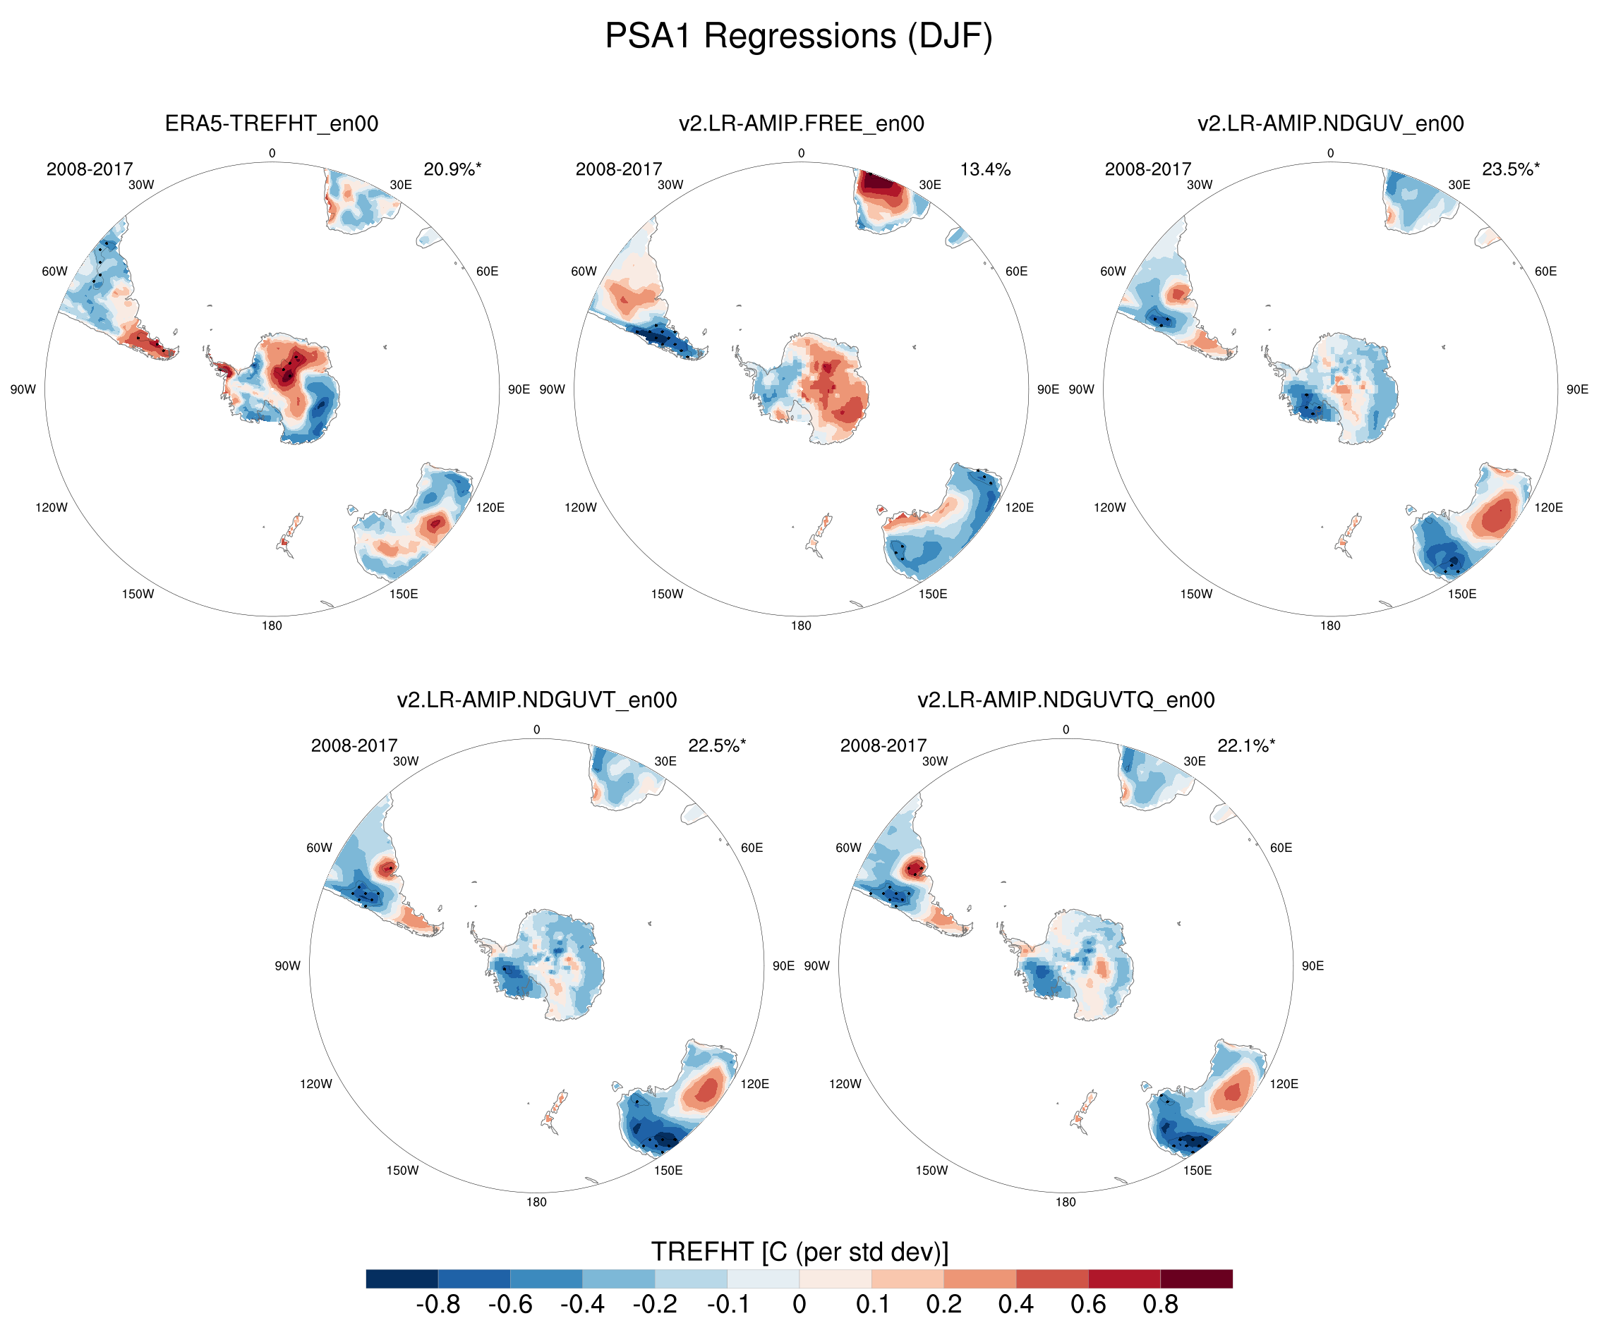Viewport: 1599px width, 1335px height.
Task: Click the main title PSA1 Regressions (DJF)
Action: click(x=799, y=37)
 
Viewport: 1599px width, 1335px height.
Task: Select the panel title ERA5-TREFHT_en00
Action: click(x=271, y=123)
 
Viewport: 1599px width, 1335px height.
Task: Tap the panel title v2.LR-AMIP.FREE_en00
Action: click(x=801, y=123)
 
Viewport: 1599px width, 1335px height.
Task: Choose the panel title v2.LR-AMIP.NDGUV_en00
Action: click(x=1330, y=123)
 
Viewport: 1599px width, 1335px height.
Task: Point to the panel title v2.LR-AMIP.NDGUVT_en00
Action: click(x=536, y=700)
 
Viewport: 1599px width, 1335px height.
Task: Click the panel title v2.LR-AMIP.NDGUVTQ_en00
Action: click(x=1066, y=700)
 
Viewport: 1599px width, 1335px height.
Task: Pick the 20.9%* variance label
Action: click(x=452, y=169)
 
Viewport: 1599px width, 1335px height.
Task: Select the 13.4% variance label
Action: click(x=984, y=169)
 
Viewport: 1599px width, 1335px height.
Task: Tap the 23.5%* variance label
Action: click(x=1510, y=169)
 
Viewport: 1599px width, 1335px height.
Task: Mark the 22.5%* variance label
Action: click(x=716, y=745)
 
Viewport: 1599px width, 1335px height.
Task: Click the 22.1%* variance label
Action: click(x=1245, y=745)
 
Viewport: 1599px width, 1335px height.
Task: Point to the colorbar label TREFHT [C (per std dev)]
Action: click(x=799, y=1252)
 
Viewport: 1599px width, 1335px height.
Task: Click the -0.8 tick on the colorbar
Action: click(x=438, y=1305)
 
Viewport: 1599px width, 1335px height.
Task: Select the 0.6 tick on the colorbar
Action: click(x=1087, y=1305)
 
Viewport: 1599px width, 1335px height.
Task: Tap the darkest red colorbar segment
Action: click(x=1196, y=1279)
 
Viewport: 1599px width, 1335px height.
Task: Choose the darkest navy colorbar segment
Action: click(x=402, y=1279)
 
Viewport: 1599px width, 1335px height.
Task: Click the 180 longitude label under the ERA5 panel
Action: click(x=272, y=626)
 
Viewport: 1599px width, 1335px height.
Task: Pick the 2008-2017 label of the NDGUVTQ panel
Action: click(x=883, y=745)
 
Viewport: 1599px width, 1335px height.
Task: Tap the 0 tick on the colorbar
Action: click(x=799, y=1305)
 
